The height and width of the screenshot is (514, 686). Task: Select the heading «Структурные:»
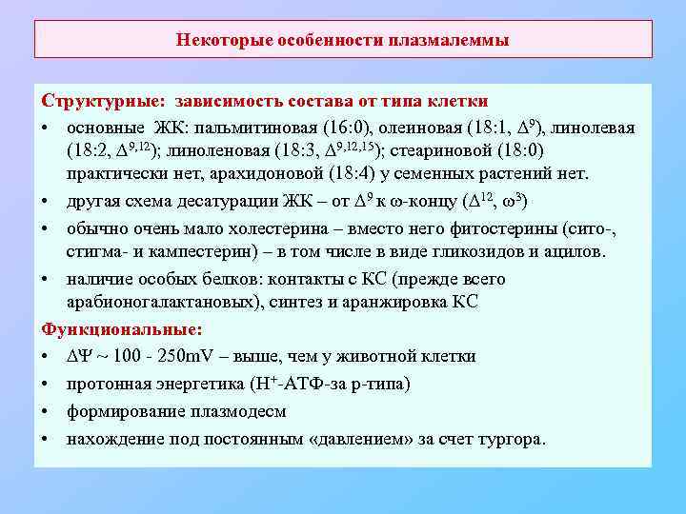pyautogui.click(x=99, y=101)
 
